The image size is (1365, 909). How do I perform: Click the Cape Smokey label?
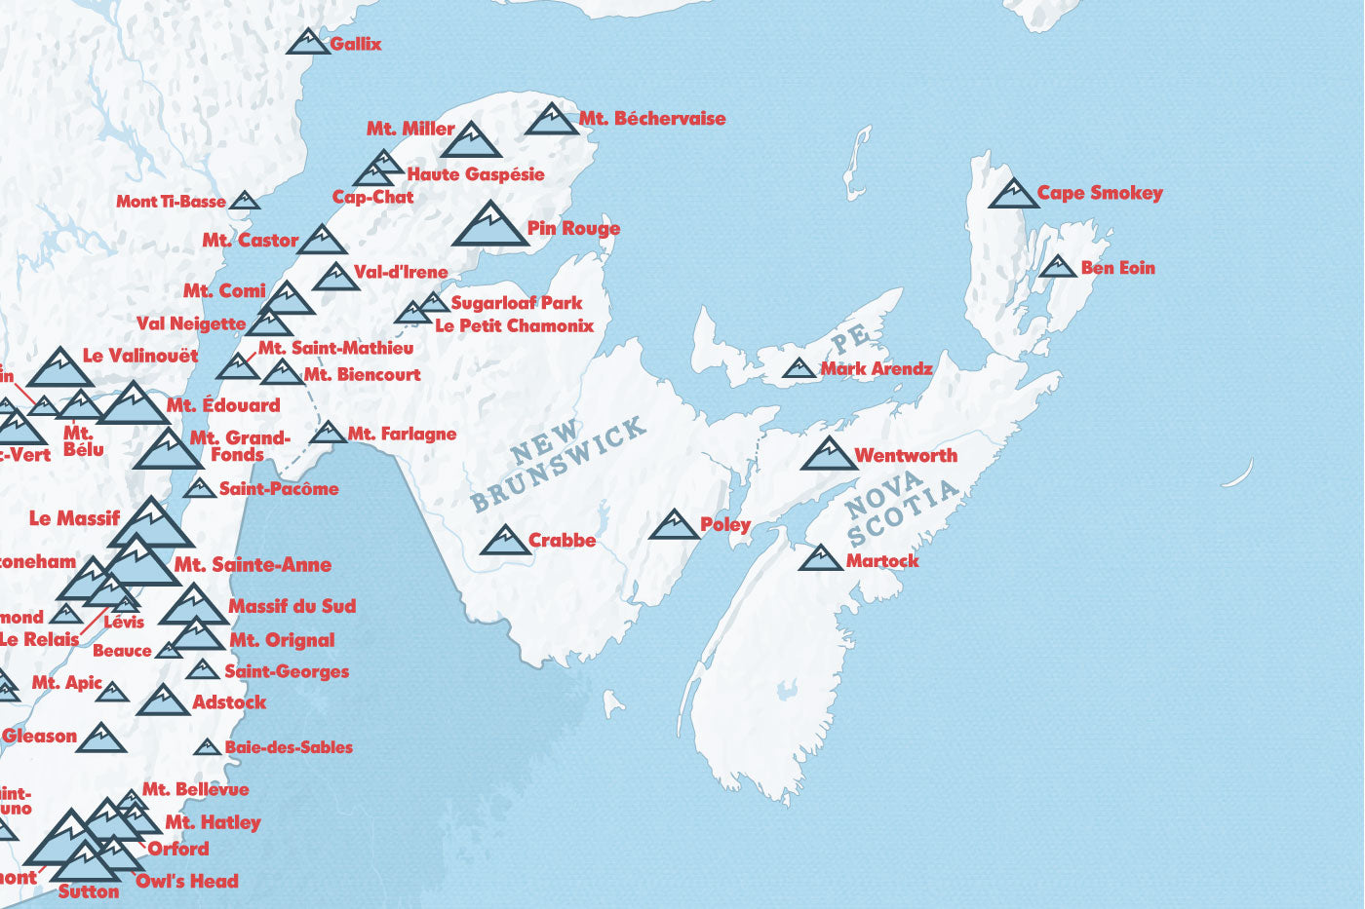(1099, 193)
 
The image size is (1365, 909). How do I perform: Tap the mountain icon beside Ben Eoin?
(1057, 266)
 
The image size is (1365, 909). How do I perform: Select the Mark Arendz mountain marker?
(799, 368)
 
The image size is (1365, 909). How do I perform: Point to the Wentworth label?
(906, 455)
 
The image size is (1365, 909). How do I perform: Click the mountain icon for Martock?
(820, 558)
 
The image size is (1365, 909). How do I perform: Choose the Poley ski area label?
(725, 525)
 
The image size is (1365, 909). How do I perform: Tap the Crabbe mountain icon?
(505, 541)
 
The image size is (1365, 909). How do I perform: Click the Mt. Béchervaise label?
(652, 119)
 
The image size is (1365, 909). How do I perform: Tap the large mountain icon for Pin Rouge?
(489, 225)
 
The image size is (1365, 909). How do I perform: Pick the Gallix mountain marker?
(309, 42)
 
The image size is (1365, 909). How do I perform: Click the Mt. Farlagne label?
(402, 434)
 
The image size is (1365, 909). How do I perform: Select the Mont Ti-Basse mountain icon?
(244, 201)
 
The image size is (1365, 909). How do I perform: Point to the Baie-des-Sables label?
(289, 747)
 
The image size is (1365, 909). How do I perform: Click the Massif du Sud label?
(292, 606)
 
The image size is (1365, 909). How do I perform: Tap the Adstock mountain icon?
(163, 701)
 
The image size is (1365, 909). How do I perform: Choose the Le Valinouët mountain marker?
(60, 368)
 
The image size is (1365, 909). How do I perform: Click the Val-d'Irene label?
(401, 272)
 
